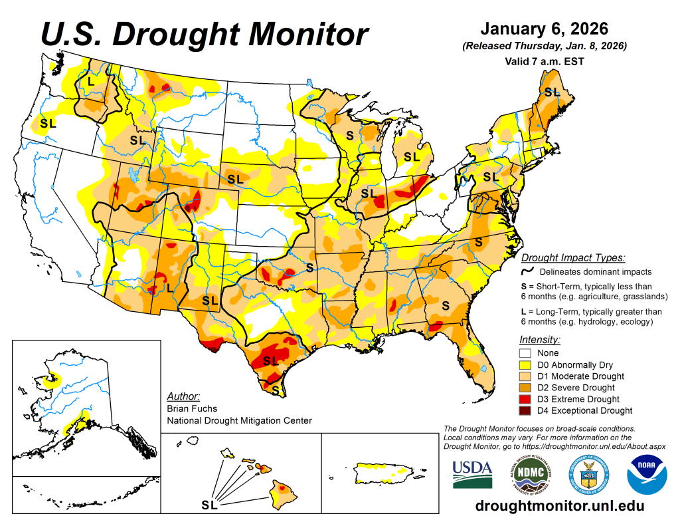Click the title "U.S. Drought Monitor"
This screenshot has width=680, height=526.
205,33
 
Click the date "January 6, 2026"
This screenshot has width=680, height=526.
544,29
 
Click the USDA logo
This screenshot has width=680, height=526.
472,474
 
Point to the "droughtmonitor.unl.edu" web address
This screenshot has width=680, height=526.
560,506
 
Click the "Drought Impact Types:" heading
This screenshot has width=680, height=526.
572,257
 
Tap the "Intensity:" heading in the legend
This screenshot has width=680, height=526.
540,339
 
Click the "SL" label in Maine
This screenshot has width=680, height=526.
552,92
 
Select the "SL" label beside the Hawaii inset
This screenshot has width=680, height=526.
210,505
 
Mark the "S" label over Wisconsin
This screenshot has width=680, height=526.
349,135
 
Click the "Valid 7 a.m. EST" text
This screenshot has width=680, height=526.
544,61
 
